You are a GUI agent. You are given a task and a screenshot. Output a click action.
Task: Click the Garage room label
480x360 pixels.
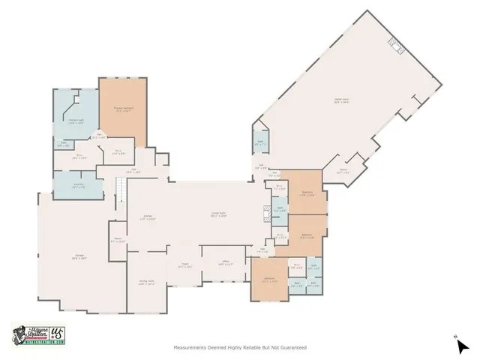coord(79,257)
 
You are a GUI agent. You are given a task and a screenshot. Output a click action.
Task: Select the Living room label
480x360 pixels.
coord(218,214)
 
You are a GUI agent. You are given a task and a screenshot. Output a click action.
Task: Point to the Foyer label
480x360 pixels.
coord(184,265)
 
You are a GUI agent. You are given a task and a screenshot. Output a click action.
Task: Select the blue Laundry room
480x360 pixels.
coord(79,185)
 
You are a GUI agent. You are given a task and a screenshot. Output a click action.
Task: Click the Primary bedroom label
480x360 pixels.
coord(123,109)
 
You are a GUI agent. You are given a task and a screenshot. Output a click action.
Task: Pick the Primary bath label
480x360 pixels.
coord(75,121)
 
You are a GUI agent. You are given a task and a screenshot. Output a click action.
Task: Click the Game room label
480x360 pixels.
coord(341,100)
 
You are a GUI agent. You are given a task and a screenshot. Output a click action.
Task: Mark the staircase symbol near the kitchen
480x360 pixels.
coord(118,193)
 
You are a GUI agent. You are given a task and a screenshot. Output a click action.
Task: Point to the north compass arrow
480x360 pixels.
coord(463,345)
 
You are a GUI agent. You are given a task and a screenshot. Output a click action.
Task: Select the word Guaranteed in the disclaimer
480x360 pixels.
coord(292,347)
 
